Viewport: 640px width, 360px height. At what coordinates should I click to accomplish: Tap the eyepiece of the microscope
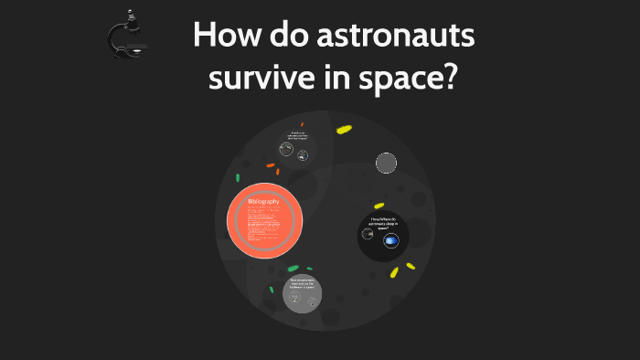pyautogui.click(x=120, y=16)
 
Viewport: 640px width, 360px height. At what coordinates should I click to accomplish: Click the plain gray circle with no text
pyautogui.click(x=387, y=164)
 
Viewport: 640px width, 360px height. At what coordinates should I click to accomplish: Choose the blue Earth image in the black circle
pyautogui.click(x=391, y=240)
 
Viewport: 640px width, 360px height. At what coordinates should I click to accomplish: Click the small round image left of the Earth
pyautogui.click(x=368, y=234)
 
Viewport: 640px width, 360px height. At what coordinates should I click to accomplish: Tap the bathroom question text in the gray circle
pyautogui.click(x=302, y=283)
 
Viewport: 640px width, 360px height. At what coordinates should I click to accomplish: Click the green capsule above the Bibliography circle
pyautogui.click(x=238, y=177)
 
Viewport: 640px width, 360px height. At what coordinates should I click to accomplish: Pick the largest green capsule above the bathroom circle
pyautogui.click(x=293, y=269)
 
